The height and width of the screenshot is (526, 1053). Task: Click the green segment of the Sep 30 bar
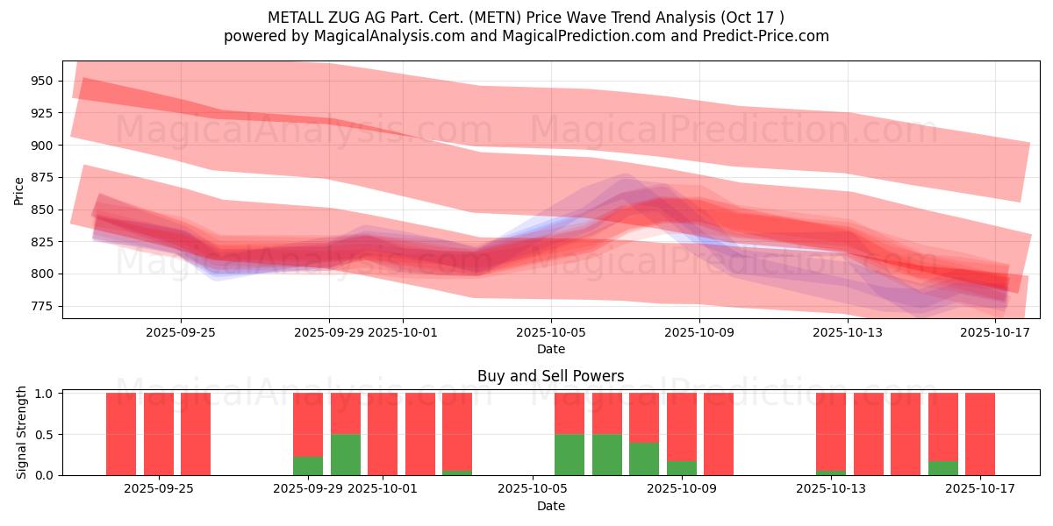point(346,454)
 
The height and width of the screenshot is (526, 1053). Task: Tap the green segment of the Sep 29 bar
point(308,466)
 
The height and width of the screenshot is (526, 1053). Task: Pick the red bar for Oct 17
point(980,434)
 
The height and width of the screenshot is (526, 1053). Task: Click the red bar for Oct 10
point(719,434)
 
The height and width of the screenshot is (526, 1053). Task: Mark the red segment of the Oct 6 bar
point(569,413)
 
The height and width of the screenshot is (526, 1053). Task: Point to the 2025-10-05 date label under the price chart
point(551,333)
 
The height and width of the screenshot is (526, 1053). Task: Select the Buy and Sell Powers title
point(550,376)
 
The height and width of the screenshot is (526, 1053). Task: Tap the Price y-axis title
point(19,190)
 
